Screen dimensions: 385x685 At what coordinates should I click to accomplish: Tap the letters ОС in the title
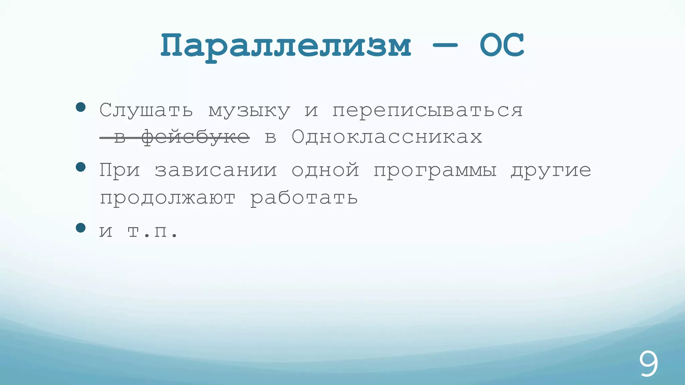pyautogui.click(x=501, y=45)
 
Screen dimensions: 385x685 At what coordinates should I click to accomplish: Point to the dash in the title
pyautogui.click(x=445, y=46)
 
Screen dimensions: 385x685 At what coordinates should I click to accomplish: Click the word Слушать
pyautogui.click(x=146, y=110)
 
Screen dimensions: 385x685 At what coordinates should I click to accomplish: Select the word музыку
pyautogui.click(x=249, y=111)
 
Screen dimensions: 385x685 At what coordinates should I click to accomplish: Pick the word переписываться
pyautogui.click(x=427, y=110)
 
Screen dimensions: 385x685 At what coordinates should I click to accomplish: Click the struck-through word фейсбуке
pyautogui.click(x=195, y=137)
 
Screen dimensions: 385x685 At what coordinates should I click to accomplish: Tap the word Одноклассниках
pyautogui.click(x=387, y=137)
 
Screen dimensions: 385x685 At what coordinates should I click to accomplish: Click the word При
pyautogui.click(x=119, y=170)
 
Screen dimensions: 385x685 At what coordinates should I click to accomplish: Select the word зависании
pyautogui.click(x=216, y=170)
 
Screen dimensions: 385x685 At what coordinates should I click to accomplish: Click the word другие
pyautogui.click(x=551, y=171)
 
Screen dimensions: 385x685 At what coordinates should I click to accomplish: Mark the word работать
pyautogui.click(x=304, y=198)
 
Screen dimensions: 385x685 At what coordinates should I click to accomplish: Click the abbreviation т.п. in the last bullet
pyautogui.click(x=153, y=231)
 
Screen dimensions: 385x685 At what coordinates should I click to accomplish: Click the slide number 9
pyautogui.click(x=649, y=364)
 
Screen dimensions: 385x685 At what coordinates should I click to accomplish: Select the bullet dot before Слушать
pyautogui.click(x=81, y=107)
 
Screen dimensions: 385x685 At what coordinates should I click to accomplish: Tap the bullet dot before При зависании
pyautogui.click(x=81, y=167)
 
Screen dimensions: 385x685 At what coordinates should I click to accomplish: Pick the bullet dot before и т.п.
pyautogui.click(x=81, y=228)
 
